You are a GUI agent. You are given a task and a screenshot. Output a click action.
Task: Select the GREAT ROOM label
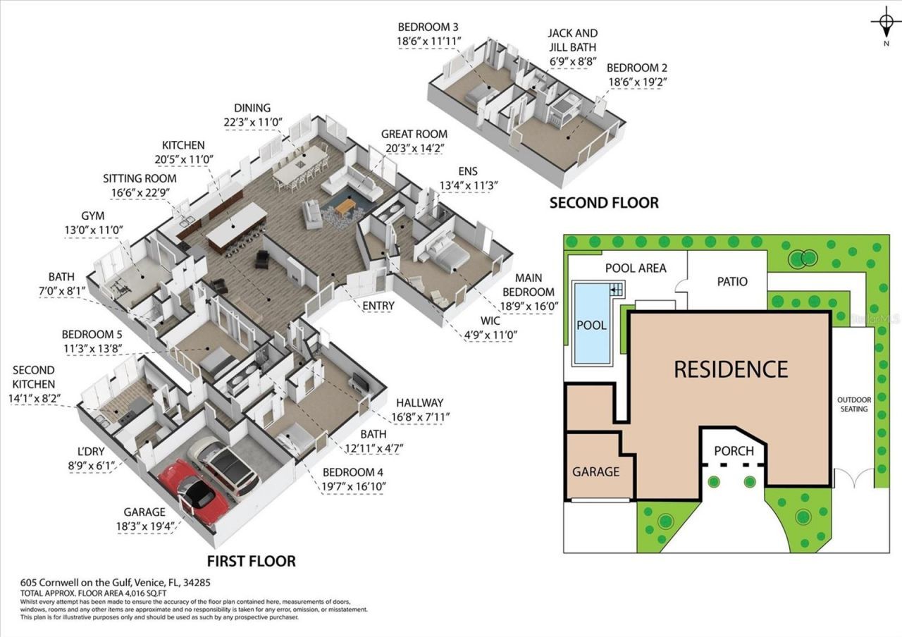pos(414,134)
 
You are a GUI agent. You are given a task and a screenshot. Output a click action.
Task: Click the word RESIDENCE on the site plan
pos(731,369)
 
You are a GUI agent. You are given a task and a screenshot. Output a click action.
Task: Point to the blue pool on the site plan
pos(591,325)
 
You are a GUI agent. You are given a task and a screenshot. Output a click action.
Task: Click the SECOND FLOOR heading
pos(604,203)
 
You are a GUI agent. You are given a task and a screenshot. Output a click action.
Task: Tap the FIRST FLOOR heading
pos(251,561)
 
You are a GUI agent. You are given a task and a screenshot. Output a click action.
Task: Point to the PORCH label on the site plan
pos(734,451)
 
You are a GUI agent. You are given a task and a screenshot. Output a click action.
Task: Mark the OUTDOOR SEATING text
pos(853,404)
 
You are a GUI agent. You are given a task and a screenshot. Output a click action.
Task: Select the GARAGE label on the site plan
pos(595,471)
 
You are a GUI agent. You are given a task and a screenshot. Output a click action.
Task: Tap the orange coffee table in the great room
pos(345,206)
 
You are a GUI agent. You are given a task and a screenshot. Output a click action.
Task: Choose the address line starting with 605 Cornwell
pos(116,583)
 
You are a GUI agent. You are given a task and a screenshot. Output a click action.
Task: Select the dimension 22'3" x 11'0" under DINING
pos(252,121)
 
